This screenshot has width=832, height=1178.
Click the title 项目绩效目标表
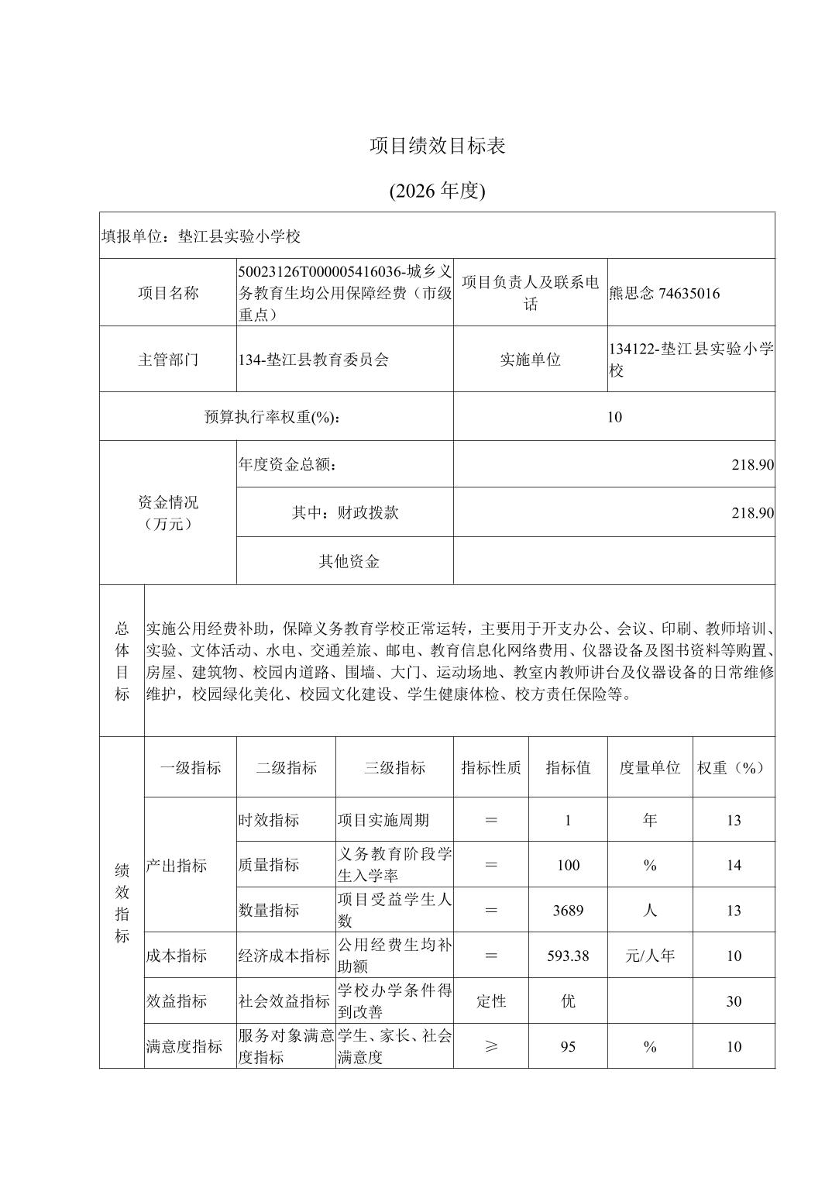pyautogui.click(x=437, y=146)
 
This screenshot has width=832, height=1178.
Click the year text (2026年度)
pyautogui.click(x=437, y=191)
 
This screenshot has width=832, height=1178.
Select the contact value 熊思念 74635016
pyautogui.click(x=665, y=293)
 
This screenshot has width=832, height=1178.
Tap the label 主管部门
pyautogui.click(x=168, y=360)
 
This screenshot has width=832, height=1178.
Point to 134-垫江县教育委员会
pyautogui.click(x=314, y=360)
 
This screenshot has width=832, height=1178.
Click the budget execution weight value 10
pyautogui.click(x=614, y=417)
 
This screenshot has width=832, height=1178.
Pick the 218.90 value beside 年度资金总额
pyautogui.click(x=752, y=465)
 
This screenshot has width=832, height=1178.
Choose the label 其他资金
pyautogui.click(x=349, y=561)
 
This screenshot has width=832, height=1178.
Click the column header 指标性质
pyautogui.click(x=491, y=767)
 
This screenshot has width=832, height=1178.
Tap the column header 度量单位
pyautogui.click(x=650, y=767)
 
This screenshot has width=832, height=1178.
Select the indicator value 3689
pyautogui.click(x=568, y=911)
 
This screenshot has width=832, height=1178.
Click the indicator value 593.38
pyautogui.click(x=568, y=956)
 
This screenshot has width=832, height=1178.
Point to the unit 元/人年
pyautogui.click(x=650, y=956)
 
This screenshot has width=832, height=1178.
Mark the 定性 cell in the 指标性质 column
pyautogui.click(x=491, y=1001)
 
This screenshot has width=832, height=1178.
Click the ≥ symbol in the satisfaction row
pyautogui.click(x=491, y=1046)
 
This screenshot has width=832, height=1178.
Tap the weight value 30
pyautogui.click(x=734, y=1001)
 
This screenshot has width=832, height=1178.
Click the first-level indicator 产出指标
pyautogui.click(x=177, y=866)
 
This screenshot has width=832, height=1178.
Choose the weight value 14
pyautogui.click(x=734, y=866)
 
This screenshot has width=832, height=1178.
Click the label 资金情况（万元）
pyautogui.click(x=168, y=513)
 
